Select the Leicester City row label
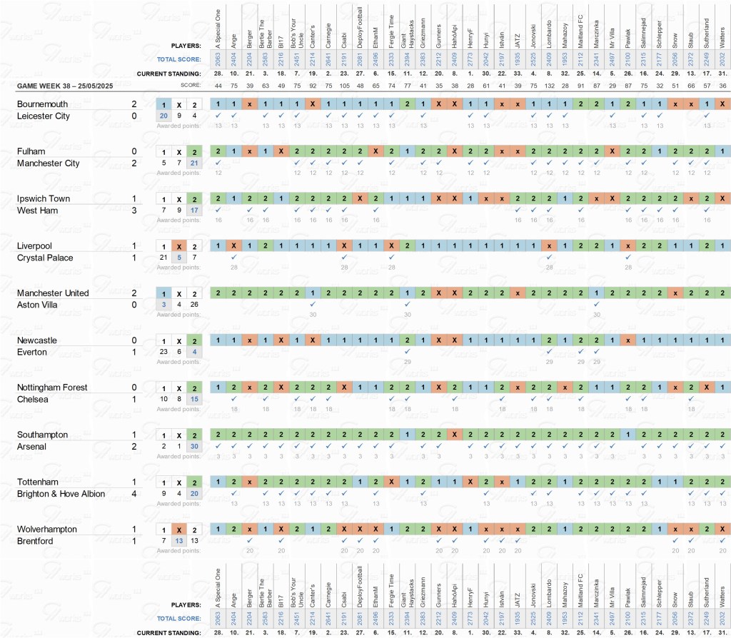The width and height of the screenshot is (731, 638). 44,116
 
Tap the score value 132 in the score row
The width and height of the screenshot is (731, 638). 549,86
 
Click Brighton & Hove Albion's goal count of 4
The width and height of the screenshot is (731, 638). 133,494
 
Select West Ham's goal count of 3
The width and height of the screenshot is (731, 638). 133,211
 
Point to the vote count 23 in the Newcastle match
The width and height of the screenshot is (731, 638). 163,352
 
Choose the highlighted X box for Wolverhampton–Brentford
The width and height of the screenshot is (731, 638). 178,530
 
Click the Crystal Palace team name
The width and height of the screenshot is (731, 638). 46,258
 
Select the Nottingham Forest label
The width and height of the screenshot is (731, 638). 53,388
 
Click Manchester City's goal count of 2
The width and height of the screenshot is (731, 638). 133,163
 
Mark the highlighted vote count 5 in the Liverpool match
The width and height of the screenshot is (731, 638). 178,258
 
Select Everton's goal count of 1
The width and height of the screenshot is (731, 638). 133,352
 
